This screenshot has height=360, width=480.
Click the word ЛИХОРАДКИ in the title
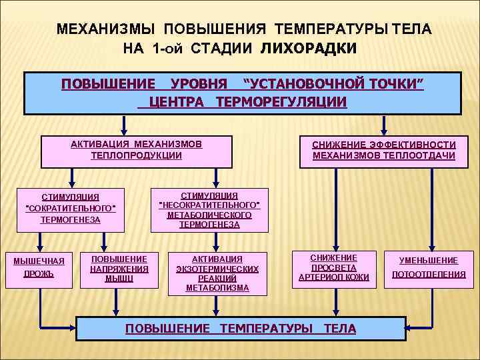(x=309, y=49)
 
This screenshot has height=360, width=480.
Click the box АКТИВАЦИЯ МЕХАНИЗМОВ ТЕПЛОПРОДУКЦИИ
(x=136, y=151)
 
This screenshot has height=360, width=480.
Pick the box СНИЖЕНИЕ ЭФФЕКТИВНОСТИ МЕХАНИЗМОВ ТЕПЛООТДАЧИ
(x=384, y=151)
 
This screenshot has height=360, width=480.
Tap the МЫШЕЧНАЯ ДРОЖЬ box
(x=39, y=267)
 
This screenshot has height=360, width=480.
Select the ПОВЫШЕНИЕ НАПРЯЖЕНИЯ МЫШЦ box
(x=119, y=268)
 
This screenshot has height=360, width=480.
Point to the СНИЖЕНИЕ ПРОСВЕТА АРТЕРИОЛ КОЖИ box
(x=333, y=267)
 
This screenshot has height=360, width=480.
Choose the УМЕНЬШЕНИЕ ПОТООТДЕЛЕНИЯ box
(x=429, y=267)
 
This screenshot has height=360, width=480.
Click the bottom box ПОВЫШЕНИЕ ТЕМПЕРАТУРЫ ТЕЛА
(x=241, y=329)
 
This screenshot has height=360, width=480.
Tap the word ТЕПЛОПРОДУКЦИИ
(x=136, y=155)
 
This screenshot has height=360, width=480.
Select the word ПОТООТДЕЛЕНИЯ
(x=429, y=274)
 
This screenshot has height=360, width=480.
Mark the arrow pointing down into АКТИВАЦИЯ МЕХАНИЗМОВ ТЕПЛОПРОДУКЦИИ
(x=124, y=126)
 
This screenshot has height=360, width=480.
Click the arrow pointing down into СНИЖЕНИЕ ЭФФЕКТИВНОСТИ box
(x=383, y=126)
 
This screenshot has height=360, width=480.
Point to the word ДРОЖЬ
(x=39, y=274)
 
